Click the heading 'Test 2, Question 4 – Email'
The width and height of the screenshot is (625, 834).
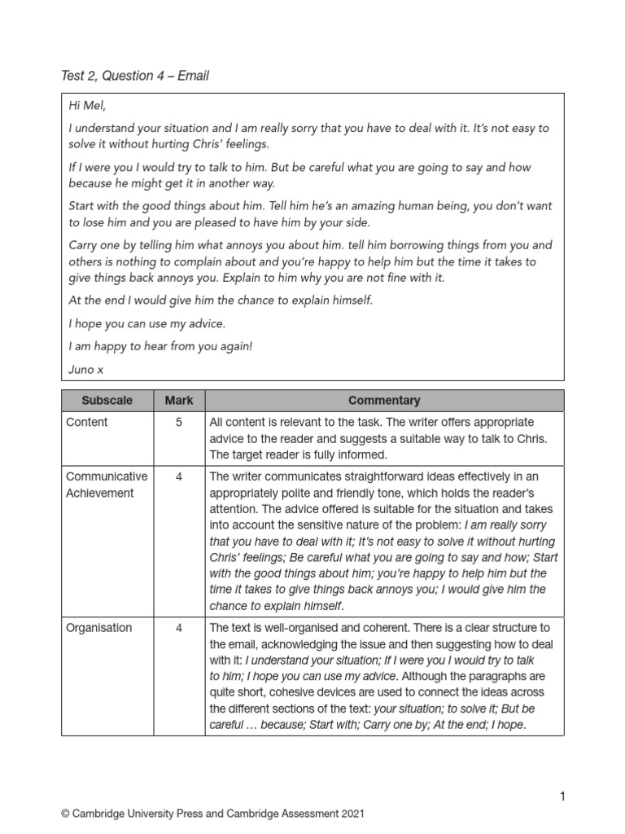135,76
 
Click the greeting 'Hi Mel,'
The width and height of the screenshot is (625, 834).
86,106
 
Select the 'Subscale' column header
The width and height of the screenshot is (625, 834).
107,401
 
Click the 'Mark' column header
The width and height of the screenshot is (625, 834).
179,401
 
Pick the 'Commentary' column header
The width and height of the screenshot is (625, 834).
384,401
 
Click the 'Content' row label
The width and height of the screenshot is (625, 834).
87,423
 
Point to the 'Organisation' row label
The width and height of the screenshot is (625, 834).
99,627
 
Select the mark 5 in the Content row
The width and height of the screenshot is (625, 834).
179,423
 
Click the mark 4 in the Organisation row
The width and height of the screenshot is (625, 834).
179,627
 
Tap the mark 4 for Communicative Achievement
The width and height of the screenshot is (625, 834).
179,476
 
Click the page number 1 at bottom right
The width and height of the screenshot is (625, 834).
561,796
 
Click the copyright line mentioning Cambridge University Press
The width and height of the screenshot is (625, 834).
212,814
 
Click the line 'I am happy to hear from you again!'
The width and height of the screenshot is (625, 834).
160,346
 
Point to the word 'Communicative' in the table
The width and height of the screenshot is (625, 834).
107,476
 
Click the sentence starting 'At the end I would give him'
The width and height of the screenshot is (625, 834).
221,301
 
